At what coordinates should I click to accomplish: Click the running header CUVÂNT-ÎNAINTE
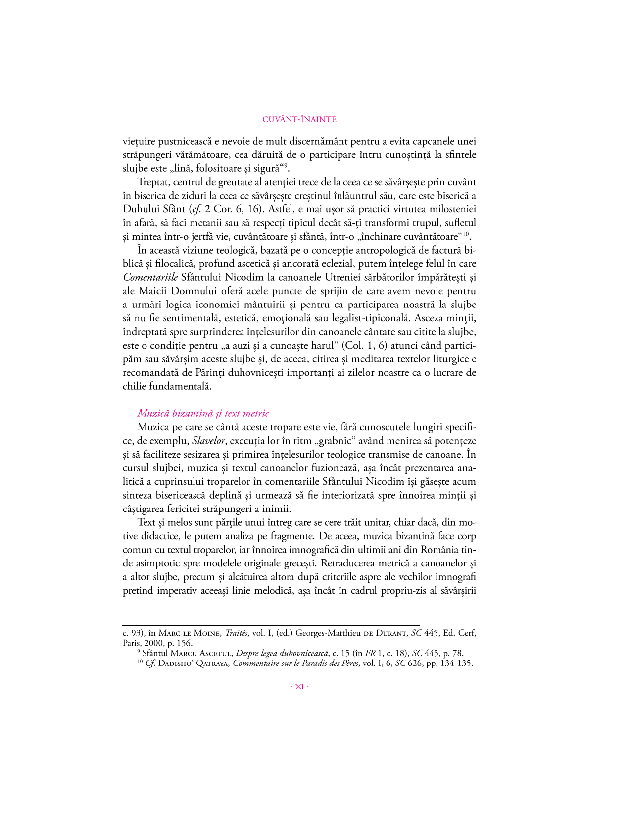pyautogui.click(x=299, y=119)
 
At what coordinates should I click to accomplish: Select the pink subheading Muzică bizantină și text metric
pyautogui.click(x=203, y=413)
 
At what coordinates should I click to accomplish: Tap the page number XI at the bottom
pyautogui.click(x=299, y=686)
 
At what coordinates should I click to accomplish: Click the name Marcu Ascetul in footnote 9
pyautogui.click(x=200, y=654)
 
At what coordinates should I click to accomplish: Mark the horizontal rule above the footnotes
pyautogui.click(x=271, y=625)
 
